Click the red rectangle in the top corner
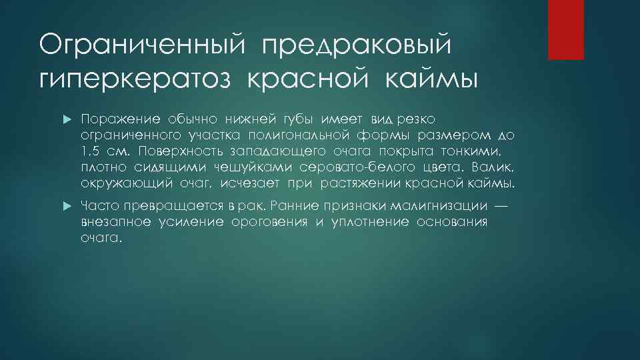(x=565, y=29)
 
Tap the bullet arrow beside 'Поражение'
(x=65, y=119)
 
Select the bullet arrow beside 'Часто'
(x=65, y=207)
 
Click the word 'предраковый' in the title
(x=357, y=47)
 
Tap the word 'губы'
(x=279, y=119)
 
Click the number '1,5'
(x=90, y=151)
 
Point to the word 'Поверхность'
(x=177, y=151)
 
